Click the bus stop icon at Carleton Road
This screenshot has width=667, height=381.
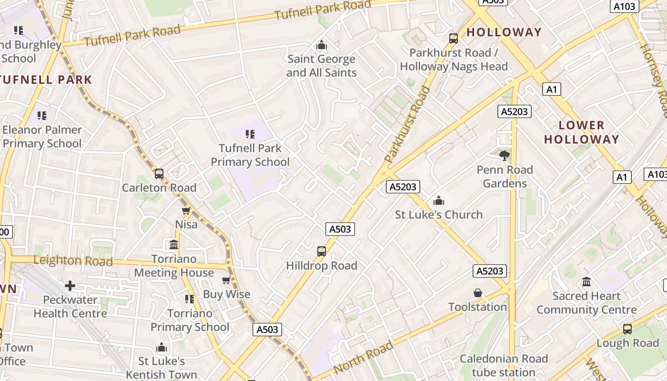(159, 174)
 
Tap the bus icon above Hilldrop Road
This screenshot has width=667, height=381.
(322, 251)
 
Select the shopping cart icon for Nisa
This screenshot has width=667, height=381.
(186, 211)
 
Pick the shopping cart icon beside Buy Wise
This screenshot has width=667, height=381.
(226, 281)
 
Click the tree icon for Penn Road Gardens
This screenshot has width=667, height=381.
(505, 155)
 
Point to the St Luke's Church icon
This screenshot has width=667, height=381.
(439, 201)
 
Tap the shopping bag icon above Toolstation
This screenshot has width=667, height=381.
(478, 293)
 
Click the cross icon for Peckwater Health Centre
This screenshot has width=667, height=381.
(70, 286)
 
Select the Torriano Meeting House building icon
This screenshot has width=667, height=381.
(174, 245)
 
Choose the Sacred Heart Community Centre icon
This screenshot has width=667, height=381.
(586, 282)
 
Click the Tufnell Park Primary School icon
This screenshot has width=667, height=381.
(250, 134)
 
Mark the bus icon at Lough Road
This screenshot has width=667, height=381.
(627, 329)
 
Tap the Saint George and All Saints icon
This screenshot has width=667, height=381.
(322, 45)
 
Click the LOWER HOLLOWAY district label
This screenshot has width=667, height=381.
(581, 132)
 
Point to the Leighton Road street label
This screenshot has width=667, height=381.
(73, 261)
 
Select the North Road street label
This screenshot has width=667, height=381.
(363, 357)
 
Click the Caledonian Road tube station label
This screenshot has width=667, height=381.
(504, 365)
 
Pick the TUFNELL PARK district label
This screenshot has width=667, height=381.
(46, 80)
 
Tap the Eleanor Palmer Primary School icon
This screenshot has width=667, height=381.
(42, 116)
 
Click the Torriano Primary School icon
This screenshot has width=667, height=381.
(190, 299)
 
